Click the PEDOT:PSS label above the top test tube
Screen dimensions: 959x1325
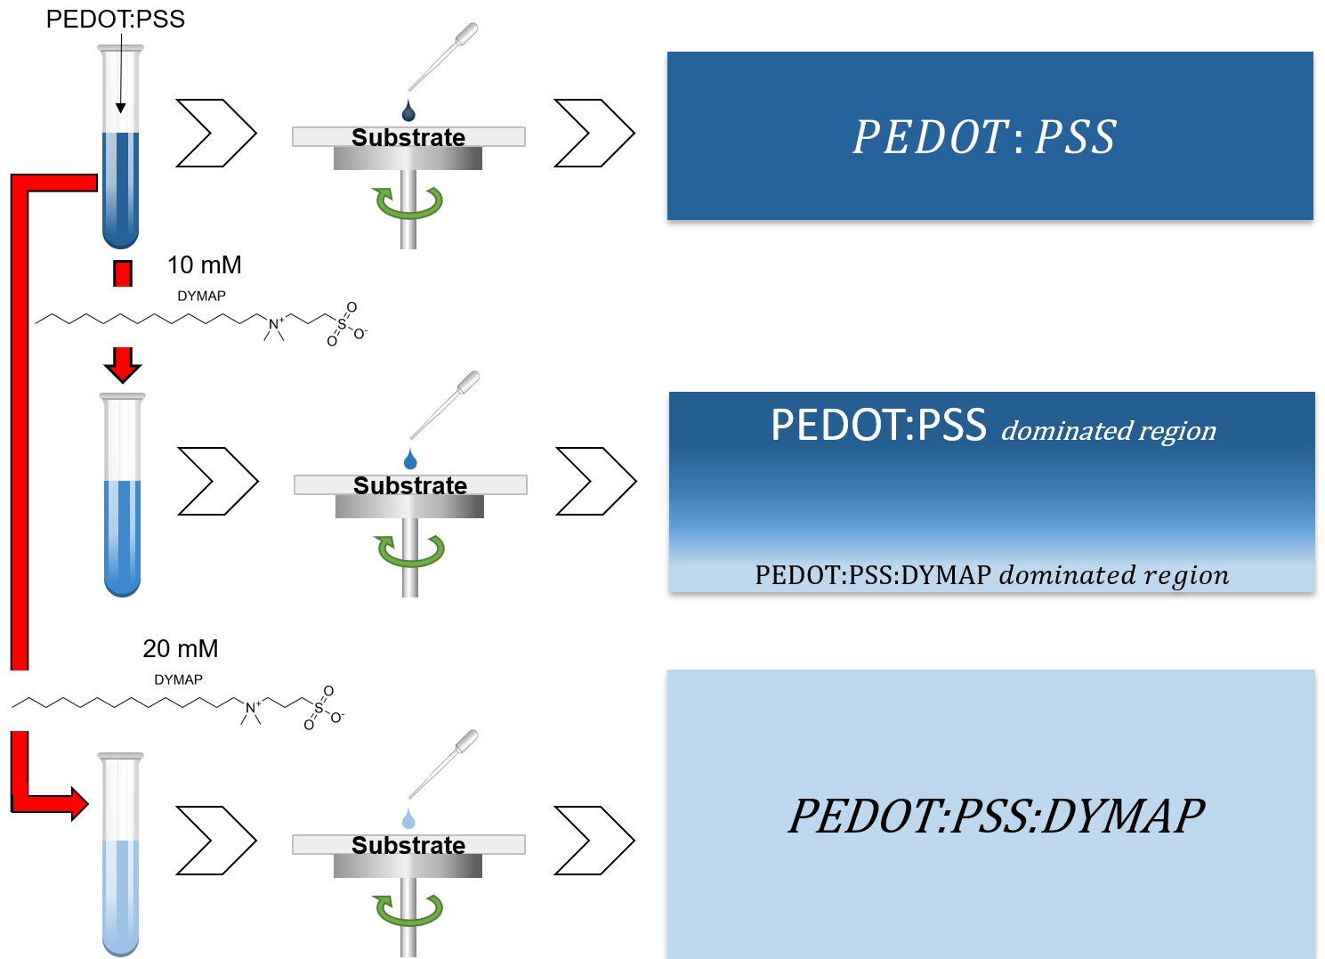115,19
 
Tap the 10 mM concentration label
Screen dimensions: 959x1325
204,265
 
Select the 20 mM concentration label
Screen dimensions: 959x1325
180,649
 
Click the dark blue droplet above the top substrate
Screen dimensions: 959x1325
408,111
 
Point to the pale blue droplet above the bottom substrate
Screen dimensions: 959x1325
408,818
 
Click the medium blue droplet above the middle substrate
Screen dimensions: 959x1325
410,459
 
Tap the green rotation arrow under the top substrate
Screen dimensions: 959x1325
408,203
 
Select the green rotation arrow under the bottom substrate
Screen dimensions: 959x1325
408,910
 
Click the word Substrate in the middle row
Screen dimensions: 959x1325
410,485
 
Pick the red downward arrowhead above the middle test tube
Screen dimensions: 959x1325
123,365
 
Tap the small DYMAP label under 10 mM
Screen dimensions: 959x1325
201,296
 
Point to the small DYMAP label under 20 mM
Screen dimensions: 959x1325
178,679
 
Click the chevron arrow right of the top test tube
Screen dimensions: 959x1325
216,134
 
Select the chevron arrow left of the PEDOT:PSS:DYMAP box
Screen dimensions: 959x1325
594,841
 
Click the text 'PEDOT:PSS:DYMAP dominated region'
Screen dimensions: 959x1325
991,575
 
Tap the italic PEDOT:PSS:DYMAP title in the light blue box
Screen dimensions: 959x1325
996,816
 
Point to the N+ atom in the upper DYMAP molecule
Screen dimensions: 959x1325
275,324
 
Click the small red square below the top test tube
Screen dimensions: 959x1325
123,273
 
